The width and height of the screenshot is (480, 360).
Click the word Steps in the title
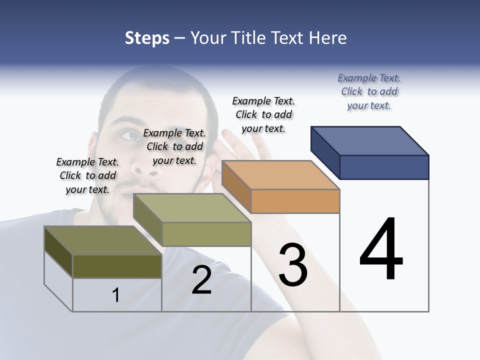coord(147,38)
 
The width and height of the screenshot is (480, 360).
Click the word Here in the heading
coord(328,38)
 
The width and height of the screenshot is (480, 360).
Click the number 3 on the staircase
coord(293,265)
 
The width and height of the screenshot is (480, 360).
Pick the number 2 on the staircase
coord(201,280)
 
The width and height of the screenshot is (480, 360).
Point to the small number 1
coord(116,295)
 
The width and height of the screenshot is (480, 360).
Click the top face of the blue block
coord(370,140)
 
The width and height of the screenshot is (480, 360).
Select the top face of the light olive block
coord(192,208)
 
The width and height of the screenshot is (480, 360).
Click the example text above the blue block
coord(369,92)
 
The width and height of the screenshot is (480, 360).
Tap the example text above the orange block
coord(263,114)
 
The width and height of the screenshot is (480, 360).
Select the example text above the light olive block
coord(174,146)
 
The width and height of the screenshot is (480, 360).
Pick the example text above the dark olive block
coord(87,175)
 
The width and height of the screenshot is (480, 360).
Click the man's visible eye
coord(131,135)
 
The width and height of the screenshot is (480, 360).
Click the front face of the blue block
coord(384,167)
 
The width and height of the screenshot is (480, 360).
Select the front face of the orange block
coord(295,201)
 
